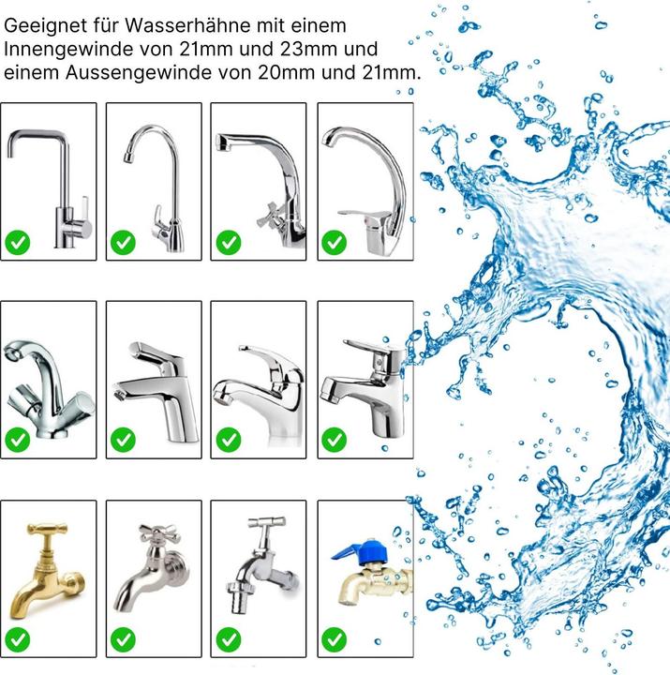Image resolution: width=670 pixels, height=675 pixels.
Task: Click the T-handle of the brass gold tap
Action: pyautogui.click(x=48, y=528)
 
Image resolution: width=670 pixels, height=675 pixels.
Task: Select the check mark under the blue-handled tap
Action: pyautogui.click(x=334, y=639)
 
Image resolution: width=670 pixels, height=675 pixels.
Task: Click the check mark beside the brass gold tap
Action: pyautogui.click(x=18, y=639)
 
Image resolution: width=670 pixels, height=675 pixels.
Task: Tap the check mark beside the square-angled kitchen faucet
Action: pyautogui.click(x=18, y=243)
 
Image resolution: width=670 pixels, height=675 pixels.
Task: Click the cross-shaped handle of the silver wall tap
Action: pyautogui.click(x=159, y=533)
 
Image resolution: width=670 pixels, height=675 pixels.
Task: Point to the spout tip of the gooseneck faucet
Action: pyautogui.click(x=127, y=157)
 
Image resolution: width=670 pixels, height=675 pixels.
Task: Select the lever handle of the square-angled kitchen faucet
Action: pyautogui.click(x=84, y=207)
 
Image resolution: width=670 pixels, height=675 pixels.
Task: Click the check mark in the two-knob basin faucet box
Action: pyautogui.click(x=18, y=440)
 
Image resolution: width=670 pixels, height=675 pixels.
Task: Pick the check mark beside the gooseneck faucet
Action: pyautogui.click(x=123, y=243)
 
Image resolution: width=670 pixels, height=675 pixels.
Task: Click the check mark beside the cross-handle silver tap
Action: pyautogui.click(x=123, y=639)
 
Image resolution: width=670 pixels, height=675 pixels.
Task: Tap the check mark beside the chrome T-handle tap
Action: pyautogui.click(x=229, y=639)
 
